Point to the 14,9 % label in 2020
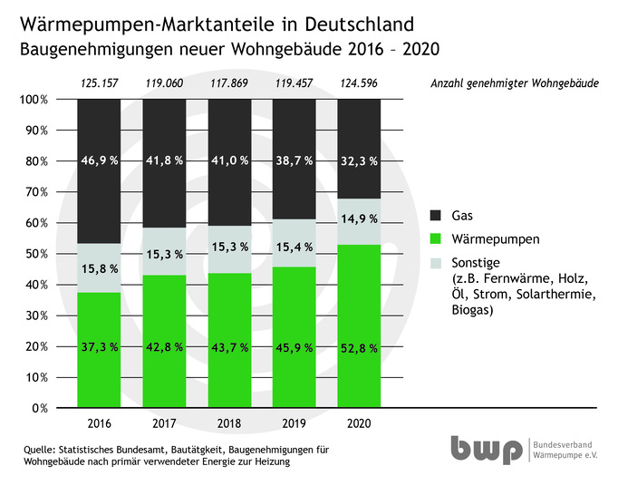coord(358,218)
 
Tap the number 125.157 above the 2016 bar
coord(99,84)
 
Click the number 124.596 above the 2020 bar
coord(358,84)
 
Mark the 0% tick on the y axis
coord(39,408)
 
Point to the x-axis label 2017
coord(164,422)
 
